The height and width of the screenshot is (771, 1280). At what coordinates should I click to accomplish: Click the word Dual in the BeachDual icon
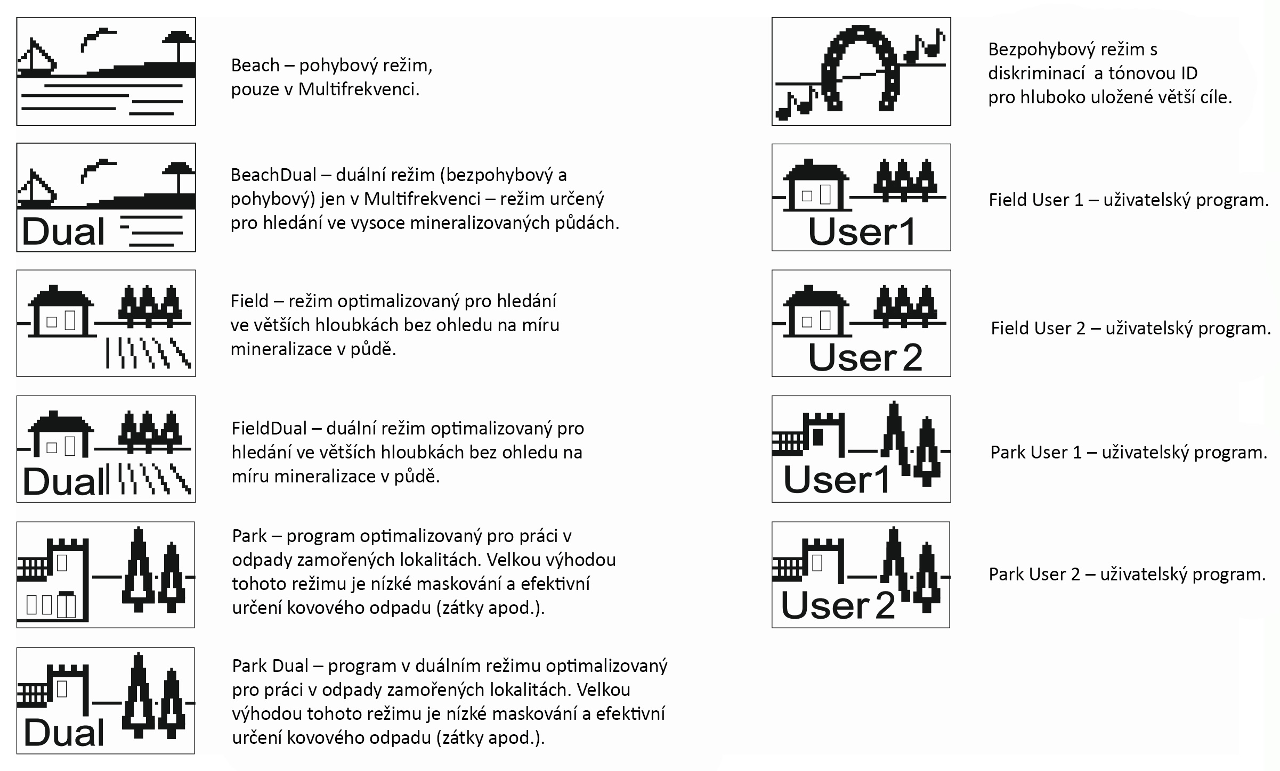[x=63, y=232]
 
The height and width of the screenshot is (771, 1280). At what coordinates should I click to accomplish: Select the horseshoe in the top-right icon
[x=860, y=67]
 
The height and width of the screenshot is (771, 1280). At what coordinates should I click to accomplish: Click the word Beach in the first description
[x=255, y=65]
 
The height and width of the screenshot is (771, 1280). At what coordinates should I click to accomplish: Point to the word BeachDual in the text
[x=273, y=175]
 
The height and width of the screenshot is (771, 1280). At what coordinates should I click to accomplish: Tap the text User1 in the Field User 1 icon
[x=861, y=232]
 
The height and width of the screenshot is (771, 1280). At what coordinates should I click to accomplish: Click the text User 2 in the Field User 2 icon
[x=865, y=357]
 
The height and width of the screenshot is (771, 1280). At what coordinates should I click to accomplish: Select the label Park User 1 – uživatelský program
[x=1128, y=453]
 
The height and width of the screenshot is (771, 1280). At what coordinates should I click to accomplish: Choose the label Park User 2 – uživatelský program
[x=1127, y=575]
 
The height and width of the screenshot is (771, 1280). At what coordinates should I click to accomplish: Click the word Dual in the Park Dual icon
[x=64, y=733]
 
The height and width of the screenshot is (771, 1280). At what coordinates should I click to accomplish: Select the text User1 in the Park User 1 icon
[x=836, y=479]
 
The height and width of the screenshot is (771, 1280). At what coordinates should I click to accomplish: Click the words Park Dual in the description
[x=270, y=666]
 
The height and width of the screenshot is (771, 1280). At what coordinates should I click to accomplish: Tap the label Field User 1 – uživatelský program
[x=1128, y=200]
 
